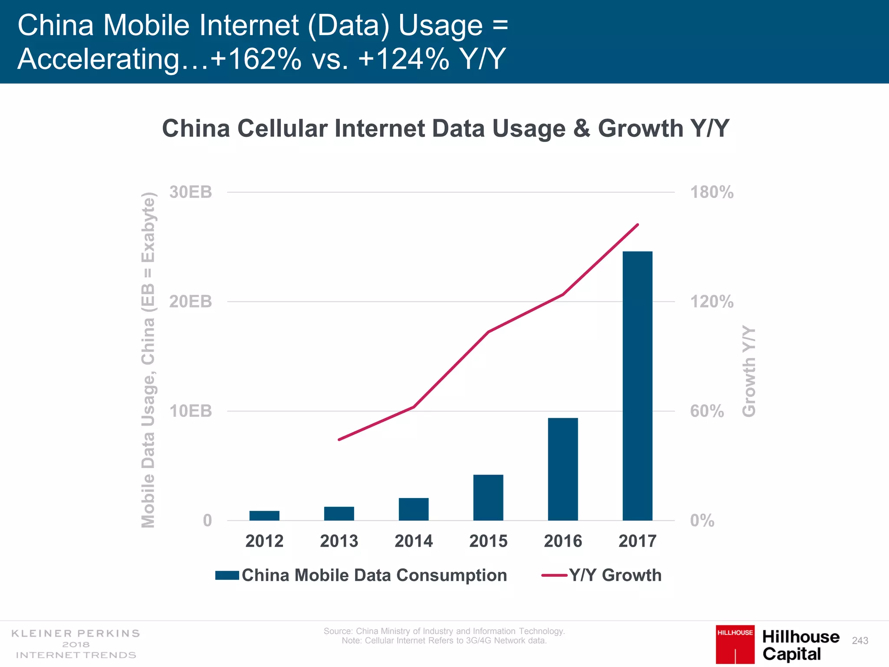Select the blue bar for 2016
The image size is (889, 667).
pyautogui.click(x=563, y=469)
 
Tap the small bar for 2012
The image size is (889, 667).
pyautogui.click(x=264, y=515)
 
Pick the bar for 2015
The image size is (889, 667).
pyautogui.click(x=488, y=497)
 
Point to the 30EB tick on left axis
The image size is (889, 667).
pyautogui.click(x=191, y=192)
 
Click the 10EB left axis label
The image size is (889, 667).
pyautogui.click(x=191, y=411)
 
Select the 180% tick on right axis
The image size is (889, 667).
pyautogui.click(x=711, y=192)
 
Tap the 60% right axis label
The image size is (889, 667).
pyautogui.click(x=707, y=411)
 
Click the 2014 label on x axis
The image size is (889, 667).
pyautogui.click(x=413, y=541)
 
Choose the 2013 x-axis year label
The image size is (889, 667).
pyautogui.click(x=339, y=541)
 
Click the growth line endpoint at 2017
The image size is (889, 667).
pyautogui.click(x=637, y=225)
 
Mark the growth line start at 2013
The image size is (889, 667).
pyautogui.click(x=339, y=439)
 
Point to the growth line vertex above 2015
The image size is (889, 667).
pyautogui.click(x=488, y=332)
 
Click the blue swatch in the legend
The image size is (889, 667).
pyautogui.click(x=227, y=575)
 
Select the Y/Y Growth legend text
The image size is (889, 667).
pyautogui.click(x=615, y=575)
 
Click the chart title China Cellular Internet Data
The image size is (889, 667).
pyautogui.click(x=445, y=129)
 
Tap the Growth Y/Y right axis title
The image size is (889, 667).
pyautogui.click(x=749, y=371)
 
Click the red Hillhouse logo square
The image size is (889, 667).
pyautogui.click(x=735, y=644)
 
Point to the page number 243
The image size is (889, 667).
pyautogui.click(x=860, y=641)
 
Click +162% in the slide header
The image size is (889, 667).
pyautogui.click(x=256, y=59)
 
